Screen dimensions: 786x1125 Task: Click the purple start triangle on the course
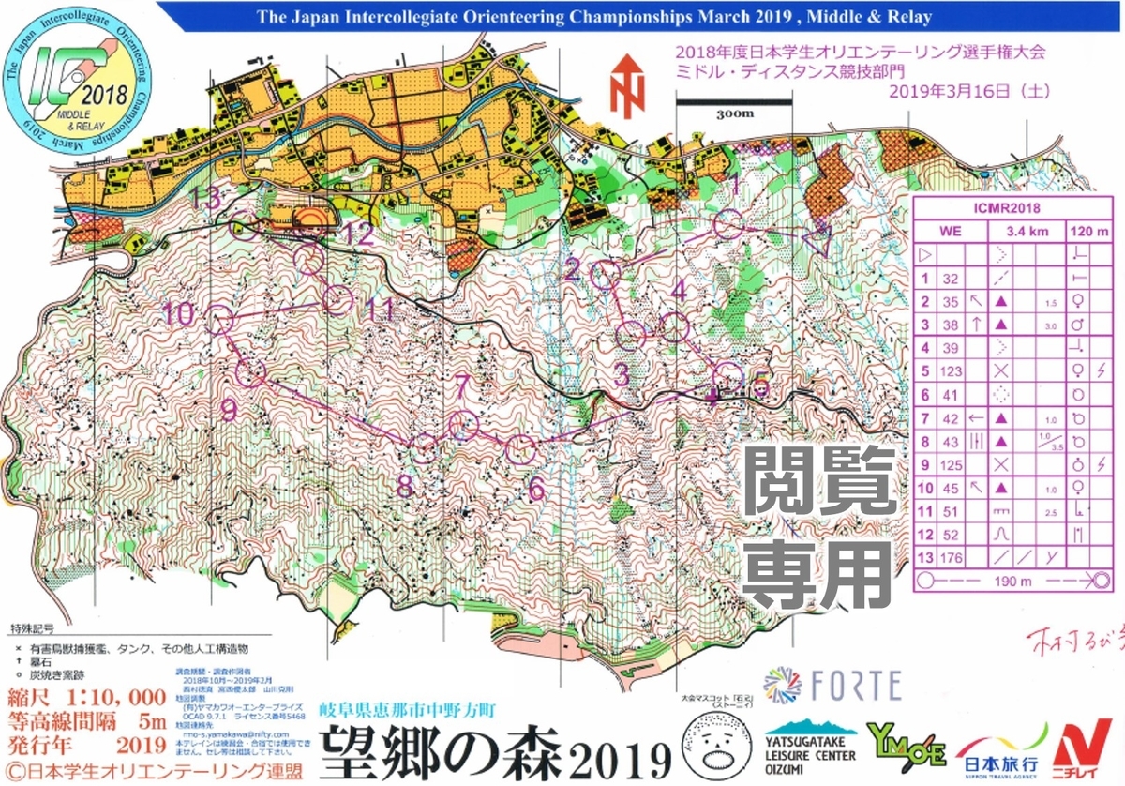(x=814, y=241)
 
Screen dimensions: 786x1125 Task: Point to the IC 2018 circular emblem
(x=72, y=83)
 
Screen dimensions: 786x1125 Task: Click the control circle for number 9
(x=249, y=373)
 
